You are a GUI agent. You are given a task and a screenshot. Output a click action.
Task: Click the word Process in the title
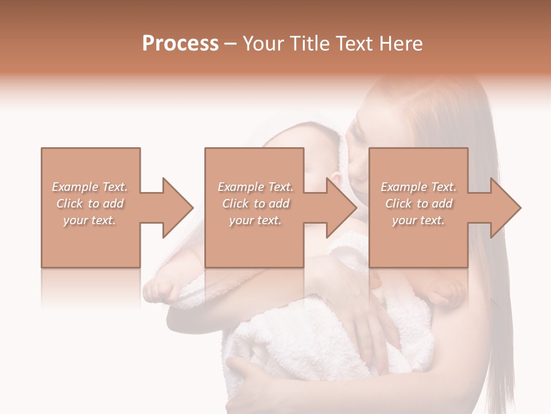tap(180, 44)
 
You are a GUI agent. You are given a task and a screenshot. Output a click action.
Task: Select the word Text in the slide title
tap(355, 44)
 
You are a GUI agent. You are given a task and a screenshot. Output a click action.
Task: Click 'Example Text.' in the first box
tap(90, 187)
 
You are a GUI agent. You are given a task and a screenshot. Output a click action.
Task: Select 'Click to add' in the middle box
tap(255, 204)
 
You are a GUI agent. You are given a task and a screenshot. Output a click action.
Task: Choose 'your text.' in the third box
tap(418, 220)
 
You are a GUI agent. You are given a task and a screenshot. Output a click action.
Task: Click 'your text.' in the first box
tap(90, 220)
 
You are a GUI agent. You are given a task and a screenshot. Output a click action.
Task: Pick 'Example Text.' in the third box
tap(418, 187)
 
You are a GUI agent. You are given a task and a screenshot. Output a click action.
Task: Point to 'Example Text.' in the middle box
tap(255, 187)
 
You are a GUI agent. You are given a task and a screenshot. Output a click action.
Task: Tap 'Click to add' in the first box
tap(90, 204)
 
